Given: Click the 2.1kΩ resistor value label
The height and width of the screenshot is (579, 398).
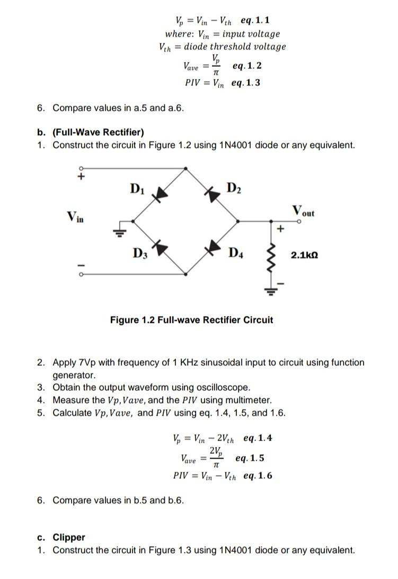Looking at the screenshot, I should pos(305,256).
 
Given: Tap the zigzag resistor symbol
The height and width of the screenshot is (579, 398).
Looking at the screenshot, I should pos(273,258).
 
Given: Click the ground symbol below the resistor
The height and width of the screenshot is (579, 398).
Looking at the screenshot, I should pos(273,289).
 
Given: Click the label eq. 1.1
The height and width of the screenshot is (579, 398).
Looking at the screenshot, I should pos(255,21).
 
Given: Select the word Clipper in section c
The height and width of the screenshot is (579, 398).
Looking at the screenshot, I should pos(69,537).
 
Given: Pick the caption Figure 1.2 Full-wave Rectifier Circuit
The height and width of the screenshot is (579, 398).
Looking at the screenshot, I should pos(191,320).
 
